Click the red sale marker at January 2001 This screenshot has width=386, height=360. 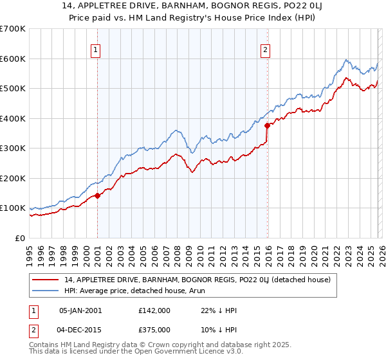click(x=97, y=195)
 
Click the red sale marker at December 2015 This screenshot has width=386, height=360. click(x=266, y=126)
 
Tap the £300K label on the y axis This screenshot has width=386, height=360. click(x=14, y=148)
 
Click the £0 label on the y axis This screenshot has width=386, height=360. click(x=20, y=238)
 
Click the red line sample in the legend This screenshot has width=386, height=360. click(x=46, y=280)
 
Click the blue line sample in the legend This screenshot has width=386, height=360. click(x=46, y=291)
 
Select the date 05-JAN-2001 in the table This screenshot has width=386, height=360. click(x=80, y=310)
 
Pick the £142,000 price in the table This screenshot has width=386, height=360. click(x=154, y=310)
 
